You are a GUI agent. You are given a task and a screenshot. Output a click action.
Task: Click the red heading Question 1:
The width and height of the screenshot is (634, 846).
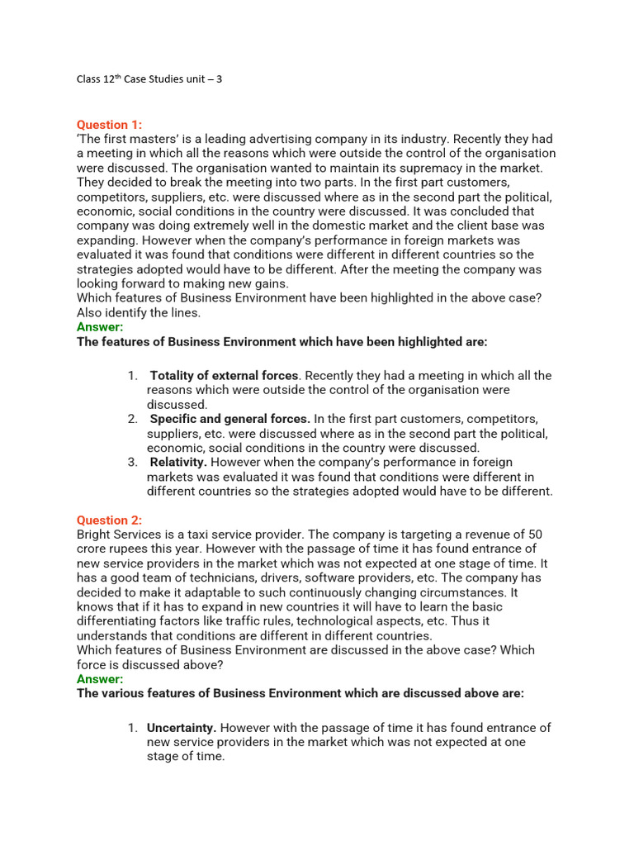click(x=109, y=125)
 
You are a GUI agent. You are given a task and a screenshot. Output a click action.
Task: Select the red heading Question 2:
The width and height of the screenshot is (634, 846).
click(x=109, y=520)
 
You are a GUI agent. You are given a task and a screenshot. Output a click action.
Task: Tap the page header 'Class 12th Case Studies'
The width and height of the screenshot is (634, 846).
click(x=149, y=79)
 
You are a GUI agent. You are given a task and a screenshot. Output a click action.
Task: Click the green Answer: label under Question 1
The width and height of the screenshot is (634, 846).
click(x=100, y=327)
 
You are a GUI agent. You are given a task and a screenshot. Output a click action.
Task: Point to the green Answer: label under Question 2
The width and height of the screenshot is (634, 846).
click(x=100, y=679)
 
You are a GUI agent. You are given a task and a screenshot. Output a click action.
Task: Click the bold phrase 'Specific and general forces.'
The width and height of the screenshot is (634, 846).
click(x=230, y=419)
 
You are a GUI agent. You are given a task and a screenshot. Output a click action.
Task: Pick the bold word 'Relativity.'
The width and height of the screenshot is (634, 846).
click(x=178, y=462)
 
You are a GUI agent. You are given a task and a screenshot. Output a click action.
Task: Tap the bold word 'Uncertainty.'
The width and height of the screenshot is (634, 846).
click(x=182, y=728)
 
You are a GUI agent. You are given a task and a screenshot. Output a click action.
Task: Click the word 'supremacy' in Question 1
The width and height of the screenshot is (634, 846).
click(x=390, y=168)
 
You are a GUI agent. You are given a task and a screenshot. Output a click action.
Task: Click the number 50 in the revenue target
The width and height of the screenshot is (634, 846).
click(x=534, y=535)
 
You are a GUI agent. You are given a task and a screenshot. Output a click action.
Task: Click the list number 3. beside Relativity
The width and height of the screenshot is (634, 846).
click(x=133, y=462)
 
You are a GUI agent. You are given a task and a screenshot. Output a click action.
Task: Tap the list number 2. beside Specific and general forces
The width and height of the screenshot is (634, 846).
click(x=133, y=419)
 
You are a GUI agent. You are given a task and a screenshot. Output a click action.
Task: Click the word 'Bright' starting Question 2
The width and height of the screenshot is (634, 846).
click(x=95, y=535)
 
